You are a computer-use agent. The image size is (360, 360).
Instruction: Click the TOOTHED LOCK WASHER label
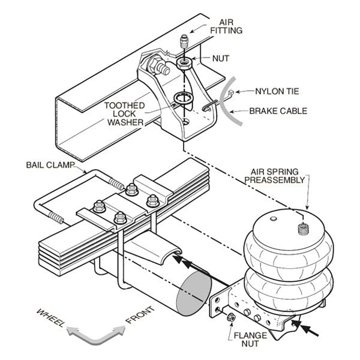(124, 113)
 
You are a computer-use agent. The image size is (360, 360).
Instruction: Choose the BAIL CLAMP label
(51, 164)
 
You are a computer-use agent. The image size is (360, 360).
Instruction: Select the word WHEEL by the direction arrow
(50, 316)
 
